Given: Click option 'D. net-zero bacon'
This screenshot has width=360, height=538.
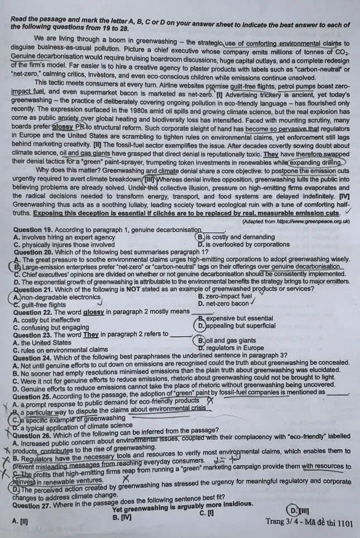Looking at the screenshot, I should coord(225,304).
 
